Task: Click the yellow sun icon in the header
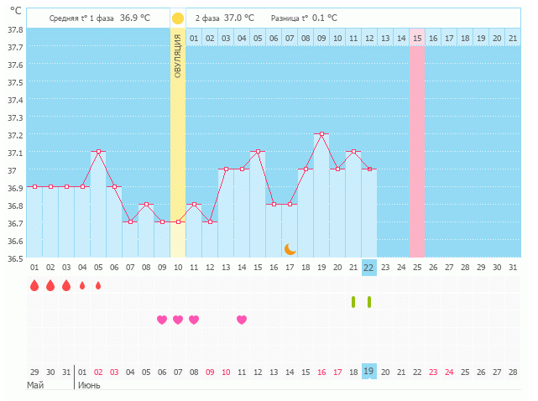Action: coord(178,18)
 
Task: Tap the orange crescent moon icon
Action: coord(290,248)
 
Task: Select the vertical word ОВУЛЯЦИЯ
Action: coord(178,58)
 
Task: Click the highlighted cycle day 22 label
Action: coord(368,268)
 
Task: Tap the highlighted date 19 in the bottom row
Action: coord(368,372)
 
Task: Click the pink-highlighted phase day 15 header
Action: coord(417,38)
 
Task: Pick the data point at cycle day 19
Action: coord(321,134)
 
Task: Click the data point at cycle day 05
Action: coord(98,152)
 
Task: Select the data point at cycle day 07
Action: coord(130,222)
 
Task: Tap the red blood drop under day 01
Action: coord(34,285)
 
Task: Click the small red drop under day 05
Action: coord(98,285)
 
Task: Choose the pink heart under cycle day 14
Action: coord(242,320)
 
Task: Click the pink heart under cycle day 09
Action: coord(162,320)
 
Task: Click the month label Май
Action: coord(35,385)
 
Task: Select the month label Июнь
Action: coord(90,385)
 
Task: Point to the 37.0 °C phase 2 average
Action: coord(238,18)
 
